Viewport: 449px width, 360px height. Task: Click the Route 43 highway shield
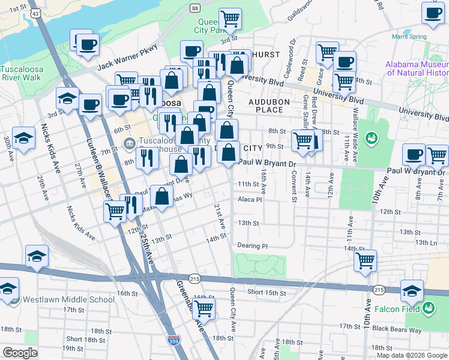[x=37, y=13]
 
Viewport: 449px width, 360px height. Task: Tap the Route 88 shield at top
[x=195, y=8]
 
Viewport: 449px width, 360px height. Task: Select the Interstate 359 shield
[x=173, y=340]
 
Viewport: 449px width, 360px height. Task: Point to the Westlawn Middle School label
[x=60, y=299]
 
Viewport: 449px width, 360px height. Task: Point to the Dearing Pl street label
[x=252, y=246]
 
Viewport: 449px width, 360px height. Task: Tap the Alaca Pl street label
[x=250, y=200]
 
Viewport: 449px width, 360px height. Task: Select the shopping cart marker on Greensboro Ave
[x=203, y=308]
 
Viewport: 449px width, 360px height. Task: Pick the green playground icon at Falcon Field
[x=429, y=310]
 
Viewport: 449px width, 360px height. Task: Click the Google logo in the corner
[x=20, y=352]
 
